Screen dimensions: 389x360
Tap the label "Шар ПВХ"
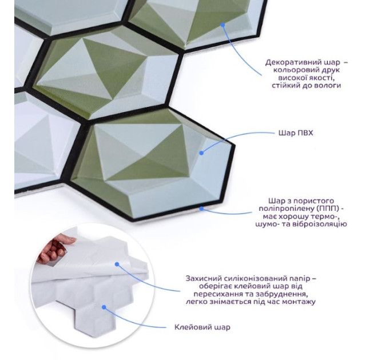point(296,133)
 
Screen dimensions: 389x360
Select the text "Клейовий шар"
point(202,327)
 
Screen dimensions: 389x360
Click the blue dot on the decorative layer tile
point(223,25)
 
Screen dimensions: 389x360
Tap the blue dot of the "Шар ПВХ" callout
point(201,153)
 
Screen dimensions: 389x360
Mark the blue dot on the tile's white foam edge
point(201,209)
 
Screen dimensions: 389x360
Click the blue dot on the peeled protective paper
point(117,265)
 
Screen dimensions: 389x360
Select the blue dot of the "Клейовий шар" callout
point(104,307)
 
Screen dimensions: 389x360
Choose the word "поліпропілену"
point(286,209)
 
